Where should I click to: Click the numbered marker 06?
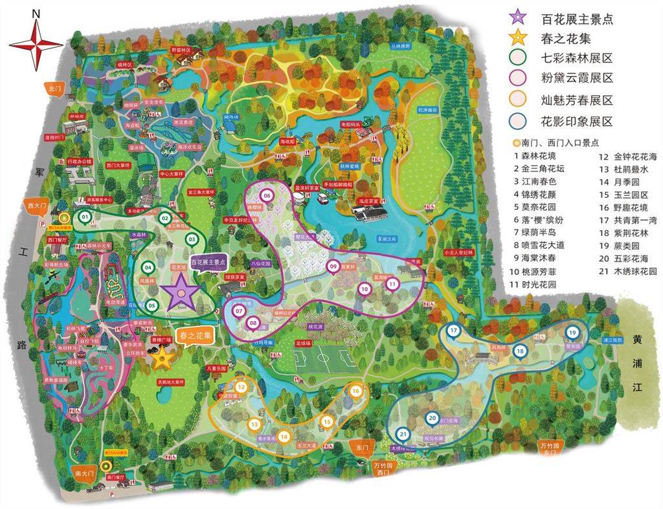(x=266, y=195)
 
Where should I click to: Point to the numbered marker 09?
(x=333, y=266)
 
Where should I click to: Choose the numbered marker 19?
(x=572, y=332)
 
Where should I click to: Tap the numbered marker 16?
(x=355, y=390)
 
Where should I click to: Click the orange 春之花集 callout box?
(x=196, y=336)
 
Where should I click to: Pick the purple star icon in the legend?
(x=517, y=17)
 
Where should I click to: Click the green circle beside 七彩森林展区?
(x=517, y=58)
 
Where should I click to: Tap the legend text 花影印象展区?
(x=577, y=121)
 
